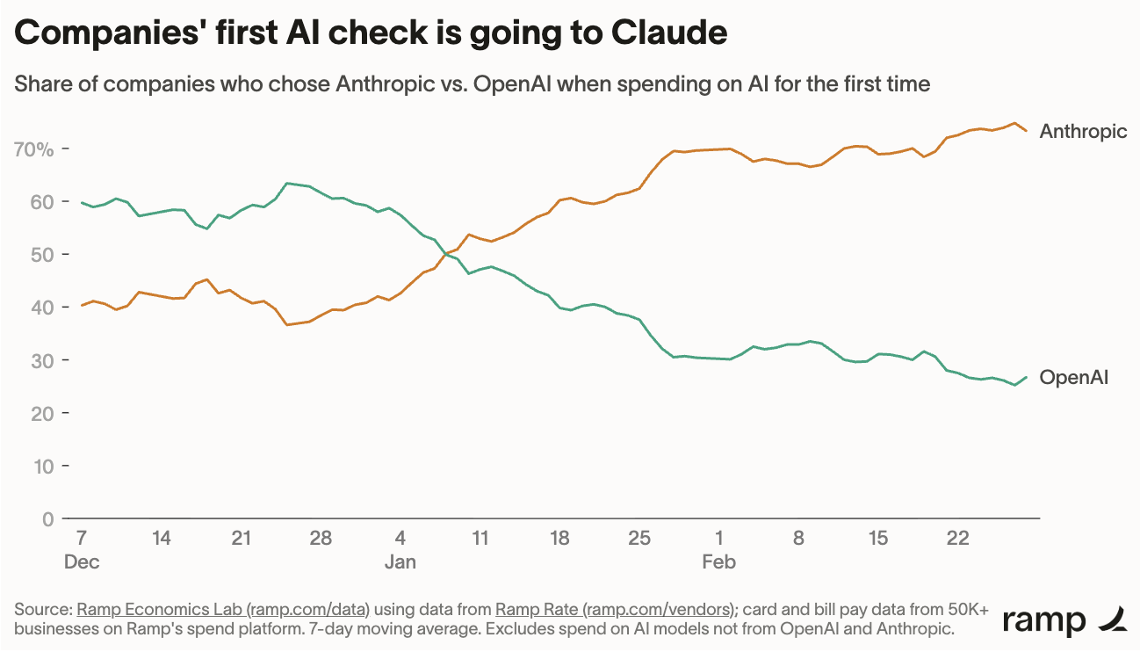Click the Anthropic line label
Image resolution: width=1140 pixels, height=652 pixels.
tap(1083, 132)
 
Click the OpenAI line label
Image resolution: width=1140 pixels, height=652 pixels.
tap(1073, 378)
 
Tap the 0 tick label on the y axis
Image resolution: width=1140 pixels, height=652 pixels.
tap(47, 519)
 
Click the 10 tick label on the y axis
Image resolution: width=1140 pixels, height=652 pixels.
tap(44, 466)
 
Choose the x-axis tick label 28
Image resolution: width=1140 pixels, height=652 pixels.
tap(321, 538)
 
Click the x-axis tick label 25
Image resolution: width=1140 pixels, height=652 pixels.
tap(639, 538)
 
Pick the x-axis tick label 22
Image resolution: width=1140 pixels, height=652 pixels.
tap(958, 538)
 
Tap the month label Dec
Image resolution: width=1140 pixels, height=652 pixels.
tap(82, 561)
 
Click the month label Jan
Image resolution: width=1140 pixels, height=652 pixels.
tap(400, 561)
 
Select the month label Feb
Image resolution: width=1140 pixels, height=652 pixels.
tap(718, 561)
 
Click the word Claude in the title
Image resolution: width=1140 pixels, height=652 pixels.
tap(668, 33)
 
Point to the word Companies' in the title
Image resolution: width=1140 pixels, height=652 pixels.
tap(110, 33)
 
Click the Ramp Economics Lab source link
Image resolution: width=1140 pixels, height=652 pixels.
tap(223, 609)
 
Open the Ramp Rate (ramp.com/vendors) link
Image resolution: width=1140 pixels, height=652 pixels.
tap(614, 609)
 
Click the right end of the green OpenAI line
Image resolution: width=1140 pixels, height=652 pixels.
tap(1027, 378)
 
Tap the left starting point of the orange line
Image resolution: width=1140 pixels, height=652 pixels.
tap(82, 306)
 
